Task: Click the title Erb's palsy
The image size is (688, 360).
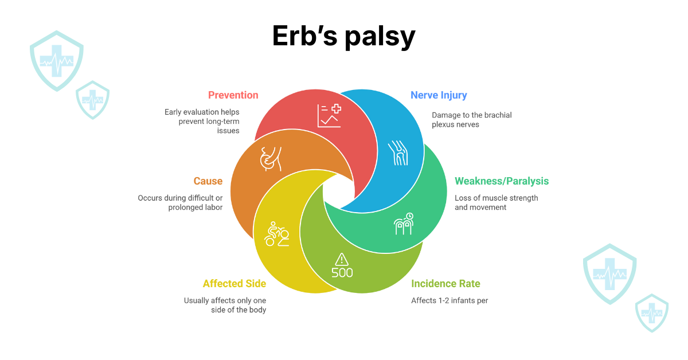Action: [x=343, y=37]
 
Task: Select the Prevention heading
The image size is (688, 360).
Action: [x=233, y=95]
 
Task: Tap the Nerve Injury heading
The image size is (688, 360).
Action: [x=439, y=95]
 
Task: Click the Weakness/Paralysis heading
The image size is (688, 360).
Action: [x=502, y=181]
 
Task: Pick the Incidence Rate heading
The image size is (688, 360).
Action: [x=445, y=284]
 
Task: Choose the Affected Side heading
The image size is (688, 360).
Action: [x=234, y=284]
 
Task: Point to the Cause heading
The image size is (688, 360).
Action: [x=208, y=181]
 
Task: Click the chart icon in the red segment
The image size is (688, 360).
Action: [x=329, y=115]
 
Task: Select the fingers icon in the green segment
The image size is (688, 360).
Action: [x=404, y=224]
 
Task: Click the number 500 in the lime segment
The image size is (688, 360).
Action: [x=342, y=273]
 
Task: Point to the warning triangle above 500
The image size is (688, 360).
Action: [x=342, y=259]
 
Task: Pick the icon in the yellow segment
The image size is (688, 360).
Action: [x=276, y=234]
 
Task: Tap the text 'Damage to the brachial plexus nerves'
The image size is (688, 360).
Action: [x=471, y=120]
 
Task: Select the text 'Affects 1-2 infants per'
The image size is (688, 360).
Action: [x=449, y=300]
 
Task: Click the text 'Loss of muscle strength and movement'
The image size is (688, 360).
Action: [x=496, y=202]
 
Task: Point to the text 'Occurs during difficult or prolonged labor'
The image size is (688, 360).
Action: [x=180, y=202]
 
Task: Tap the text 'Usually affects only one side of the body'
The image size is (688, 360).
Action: [x=225, y=305]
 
